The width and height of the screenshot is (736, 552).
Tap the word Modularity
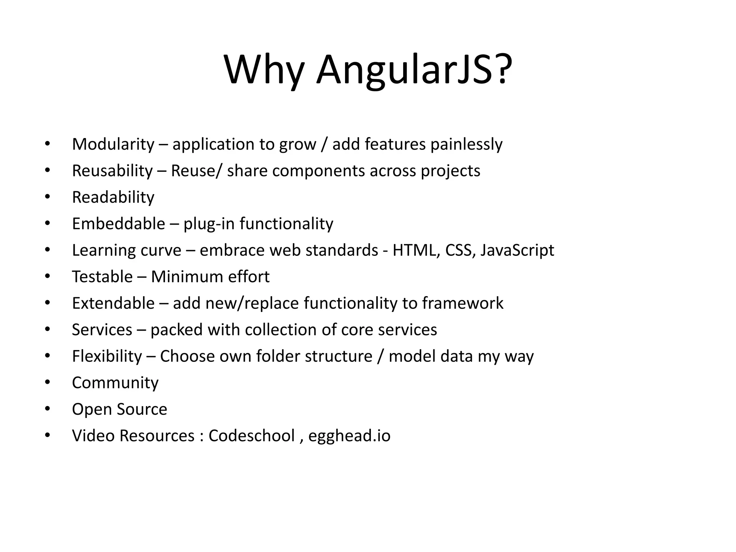tap(113, 144)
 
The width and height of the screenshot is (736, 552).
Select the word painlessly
tap(466, 144)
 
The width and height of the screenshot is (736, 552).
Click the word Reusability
tap(112, 171)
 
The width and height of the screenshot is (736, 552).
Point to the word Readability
tap(113, 197)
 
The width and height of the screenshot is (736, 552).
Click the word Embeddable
tap(119, 224)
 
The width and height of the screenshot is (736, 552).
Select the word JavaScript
tap(517, 250)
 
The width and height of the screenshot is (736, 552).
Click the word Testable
tap(102, 277)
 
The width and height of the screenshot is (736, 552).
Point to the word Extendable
tap(113, 303)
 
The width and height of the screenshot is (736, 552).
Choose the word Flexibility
tap(107, 356)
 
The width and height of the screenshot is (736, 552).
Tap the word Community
tap(115, 383)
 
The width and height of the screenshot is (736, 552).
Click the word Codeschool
tap(252, 436)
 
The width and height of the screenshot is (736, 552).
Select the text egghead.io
tap(349, 436)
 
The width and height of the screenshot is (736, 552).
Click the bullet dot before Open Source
tap(47, 409)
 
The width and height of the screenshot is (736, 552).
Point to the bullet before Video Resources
tap(47, 435)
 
